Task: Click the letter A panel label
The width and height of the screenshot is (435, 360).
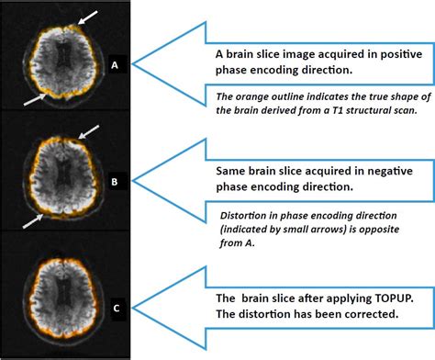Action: coord(116,65)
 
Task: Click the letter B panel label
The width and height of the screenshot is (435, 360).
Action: coord(116,182)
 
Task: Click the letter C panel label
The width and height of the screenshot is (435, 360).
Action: coord(115,308)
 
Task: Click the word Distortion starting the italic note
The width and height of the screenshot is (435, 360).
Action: coord(242,214)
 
